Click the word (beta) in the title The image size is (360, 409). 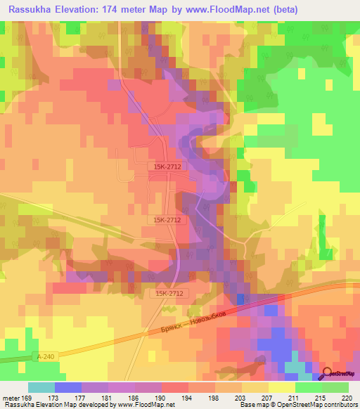[281, 10]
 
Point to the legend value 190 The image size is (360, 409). [161, 398]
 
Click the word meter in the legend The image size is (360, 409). [11, 398]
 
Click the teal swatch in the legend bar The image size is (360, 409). [41, 387]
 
